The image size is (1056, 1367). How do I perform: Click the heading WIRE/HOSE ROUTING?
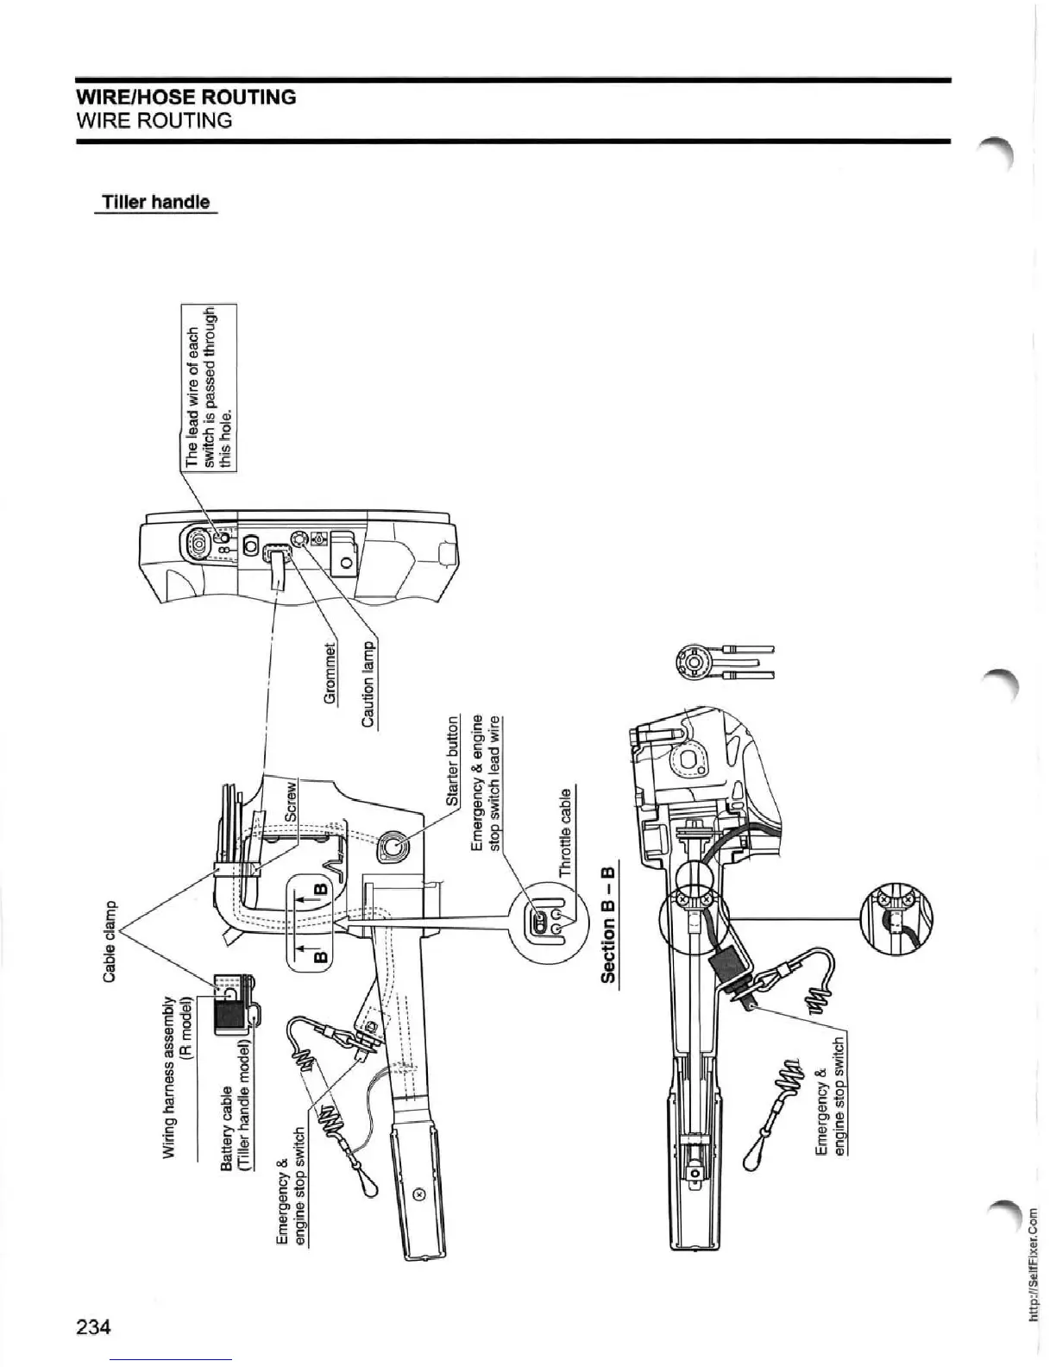(186, 97)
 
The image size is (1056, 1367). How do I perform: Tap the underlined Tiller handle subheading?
(155, 202)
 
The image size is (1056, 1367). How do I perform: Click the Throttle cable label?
(565, 832)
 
